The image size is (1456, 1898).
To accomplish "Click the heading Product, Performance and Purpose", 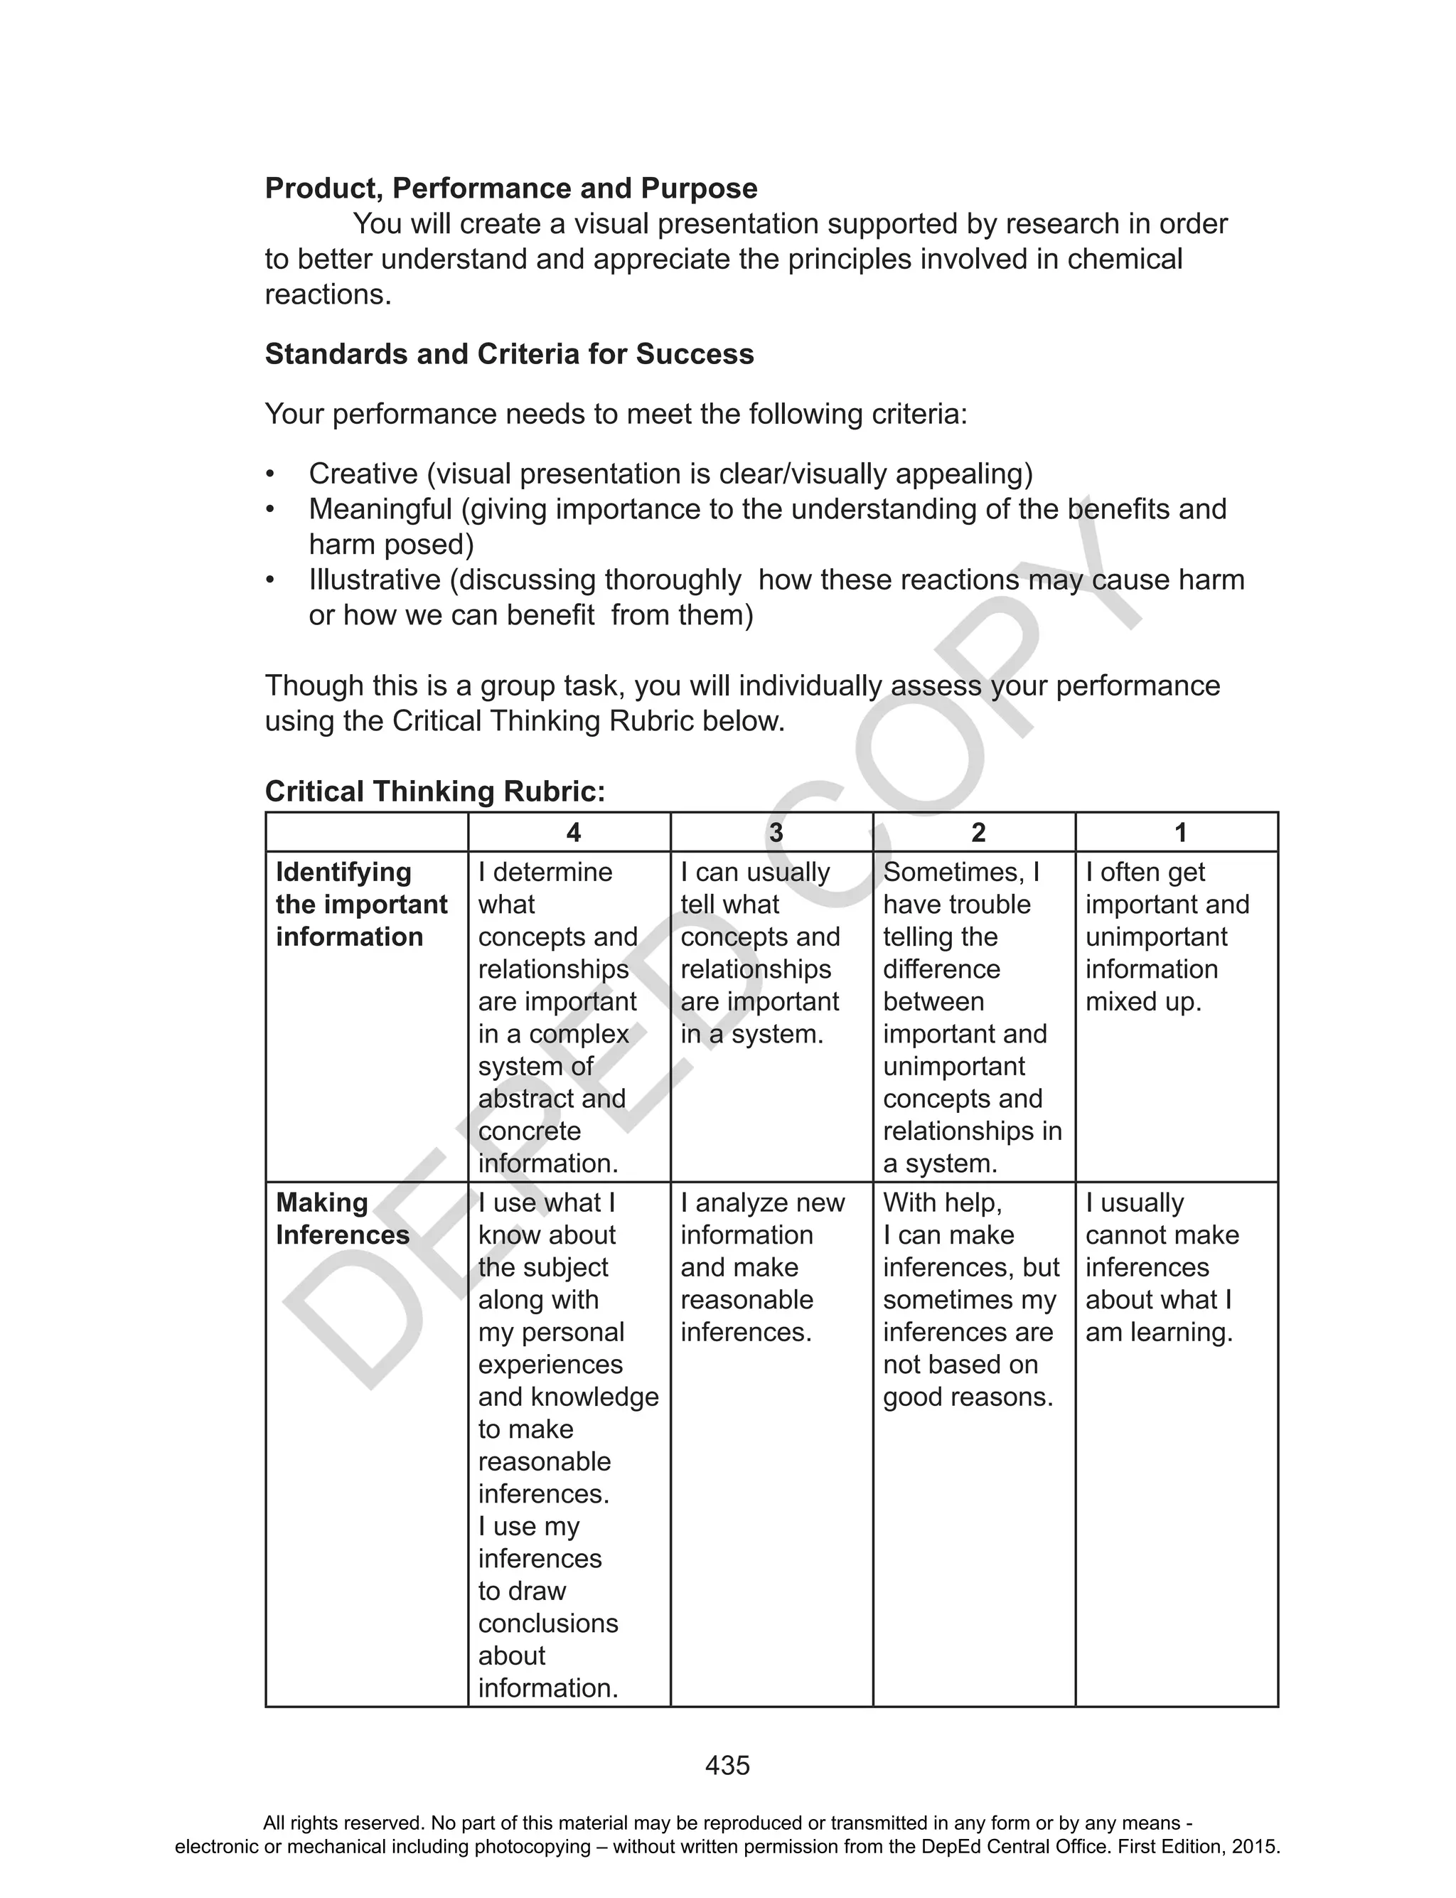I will (x=510, y=188).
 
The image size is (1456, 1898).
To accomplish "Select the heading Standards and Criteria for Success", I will (x=509, y=353).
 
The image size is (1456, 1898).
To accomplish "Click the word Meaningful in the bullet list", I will (x=380, y=508).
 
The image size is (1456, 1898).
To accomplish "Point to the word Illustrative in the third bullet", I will (x=375, y=579).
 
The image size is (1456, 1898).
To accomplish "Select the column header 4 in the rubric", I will (x=573, y=833).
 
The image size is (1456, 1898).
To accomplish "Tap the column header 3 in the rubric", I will (x=776, y=833).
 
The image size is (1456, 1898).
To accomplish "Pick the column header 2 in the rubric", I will (x=978, y=833).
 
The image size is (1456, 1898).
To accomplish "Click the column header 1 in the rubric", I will (x=1179, y=833).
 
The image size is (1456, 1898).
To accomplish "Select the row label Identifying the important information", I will (x=360, y=904).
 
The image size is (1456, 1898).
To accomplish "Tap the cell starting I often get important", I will (x=1167, y=936).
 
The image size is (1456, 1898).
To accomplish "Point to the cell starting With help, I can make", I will (x=970, y=1299).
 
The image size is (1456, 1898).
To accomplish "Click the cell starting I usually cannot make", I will (x=1162, y=1267).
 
